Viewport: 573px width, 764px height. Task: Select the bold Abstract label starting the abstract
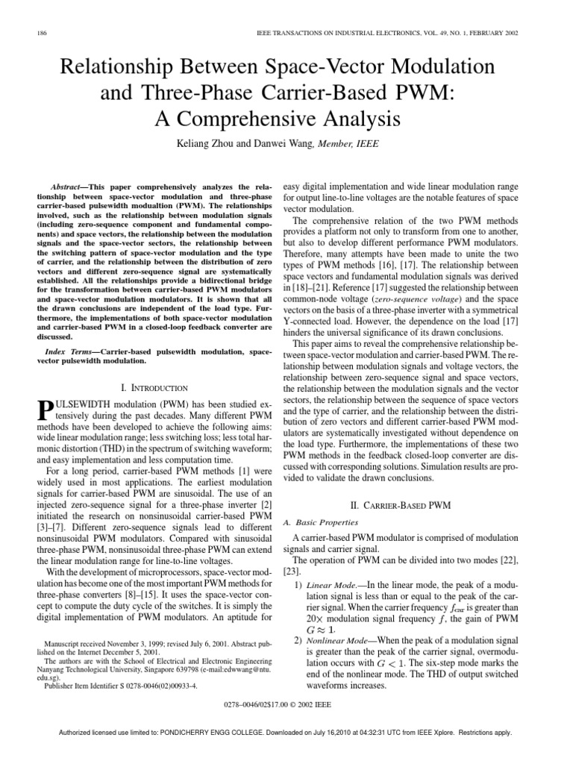[68, 184]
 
